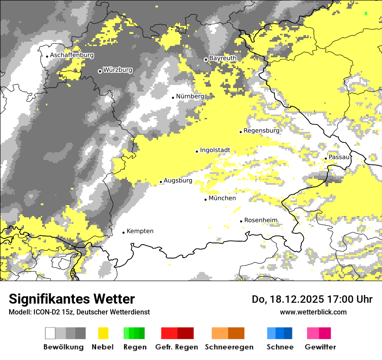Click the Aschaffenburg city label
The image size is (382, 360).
(x=72, y=56)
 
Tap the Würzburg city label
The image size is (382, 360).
(x=118, y=70)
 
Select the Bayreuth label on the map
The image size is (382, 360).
(x=223, y=58)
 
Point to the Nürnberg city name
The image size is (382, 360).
(x=190, y=96)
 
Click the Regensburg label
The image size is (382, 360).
(x=261, y=131)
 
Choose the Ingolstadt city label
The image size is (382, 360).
(x=215, y=151)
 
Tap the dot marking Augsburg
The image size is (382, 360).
(x=161, y=182)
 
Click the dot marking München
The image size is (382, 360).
(x=206, y=200)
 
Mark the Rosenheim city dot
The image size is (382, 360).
(x=241, y=221)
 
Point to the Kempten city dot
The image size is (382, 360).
(x=123, y=232)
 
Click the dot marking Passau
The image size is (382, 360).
(x=326, y=158)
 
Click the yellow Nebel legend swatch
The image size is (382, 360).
(x=103, y=333)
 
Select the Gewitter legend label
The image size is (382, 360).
(x=320, y=347)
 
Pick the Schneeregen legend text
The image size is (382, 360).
(x=229, y=347)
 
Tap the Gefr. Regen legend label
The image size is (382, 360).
(x=177, y=347)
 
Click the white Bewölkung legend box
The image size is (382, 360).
(x=50, y=333)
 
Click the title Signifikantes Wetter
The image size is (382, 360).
(x=72, y=299)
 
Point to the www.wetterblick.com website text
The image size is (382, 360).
(x=313, y=312)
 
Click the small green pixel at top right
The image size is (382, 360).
(x=366, y=13)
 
